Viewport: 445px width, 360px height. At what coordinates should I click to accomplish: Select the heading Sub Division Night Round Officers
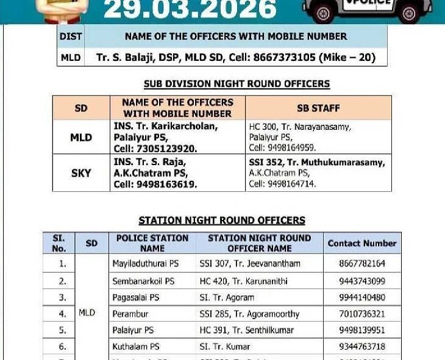pyautogui.click(x=237, y=84)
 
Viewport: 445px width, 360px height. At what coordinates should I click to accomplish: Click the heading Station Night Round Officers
pyautogui.click(x=222, y=221)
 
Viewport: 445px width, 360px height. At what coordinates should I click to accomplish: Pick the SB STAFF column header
pyautogui.click(x=318, y=108)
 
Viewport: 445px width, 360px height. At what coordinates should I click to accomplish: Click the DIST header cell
pyautogui.click(x=71, y=37)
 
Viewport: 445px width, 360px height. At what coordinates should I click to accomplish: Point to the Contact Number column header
pyautogui.click(x=361, y=243)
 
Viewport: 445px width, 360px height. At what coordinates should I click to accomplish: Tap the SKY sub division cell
pyautogui.click(x=81, y=173)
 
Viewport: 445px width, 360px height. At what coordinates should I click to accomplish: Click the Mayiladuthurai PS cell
pyautogui.click(x=145, y=264)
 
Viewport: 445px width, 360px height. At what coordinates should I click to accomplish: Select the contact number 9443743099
pyautogui.click(x=362, y=281)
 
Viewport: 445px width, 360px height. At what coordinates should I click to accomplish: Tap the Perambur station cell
pyautogui.click(x=130, y=314)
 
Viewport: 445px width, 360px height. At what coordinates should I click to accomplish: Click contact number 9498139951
pyautogui.click(x=362, y=330)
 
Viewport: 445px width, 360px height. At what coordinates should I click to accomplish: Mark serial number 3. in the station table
pyautogui.click(x=62, y=297)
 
